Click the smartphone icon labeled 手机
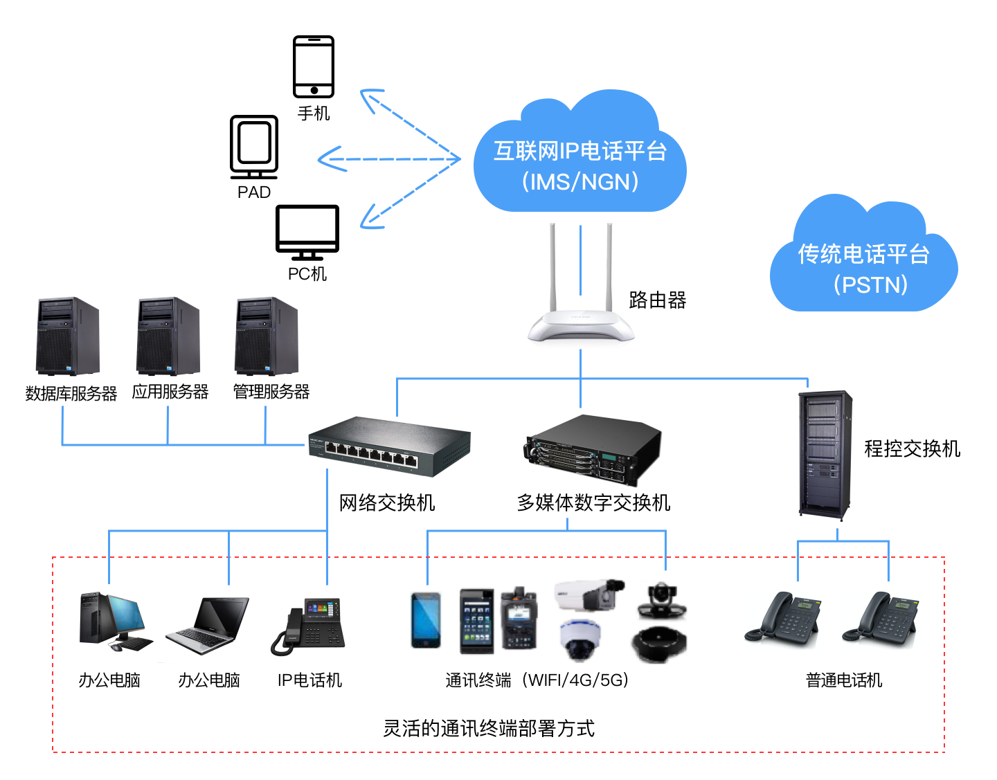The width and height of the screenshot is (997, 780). point(314,66)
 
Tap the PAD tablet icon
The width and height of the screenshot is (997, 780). point(254,146)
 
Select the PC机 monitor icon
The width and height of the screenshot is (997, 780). point(307,231)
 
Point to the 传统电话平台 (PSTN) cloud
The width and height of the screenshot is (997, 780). point(863,264)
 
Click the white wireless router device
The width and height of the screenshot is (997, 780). point(581,324)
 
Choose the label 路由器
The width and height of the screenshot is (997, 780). point(657,300)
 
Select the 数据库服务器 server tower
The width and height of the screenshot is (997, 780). point(68,336)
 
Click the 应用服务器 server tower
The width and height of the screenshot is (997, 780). point(168,336)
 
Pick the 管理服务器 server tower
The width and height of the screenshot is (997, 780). point(267,336)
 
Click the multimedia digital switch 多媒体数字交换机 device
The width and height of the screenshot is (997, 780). point(593,448)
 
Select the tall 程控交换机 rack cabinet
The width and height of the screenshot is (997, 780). point(825,455)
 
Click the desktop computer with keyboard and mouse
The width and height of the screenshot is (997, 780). point(114,622)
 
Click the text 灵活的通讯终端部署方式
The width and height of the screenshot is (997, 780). point(489,728)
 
